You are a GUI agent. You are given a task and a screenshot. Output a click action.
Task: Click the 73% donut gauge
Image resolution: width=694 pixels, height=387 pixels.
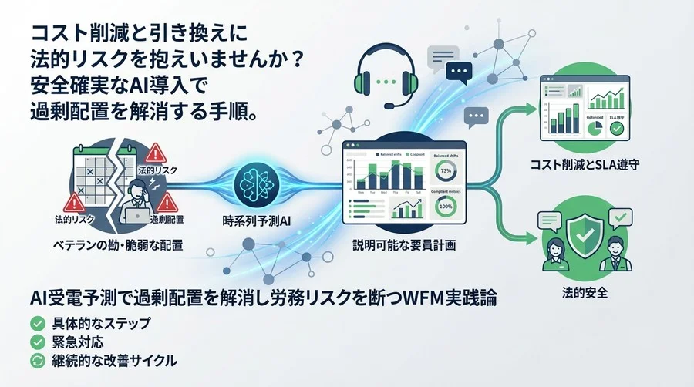tap(445, 170)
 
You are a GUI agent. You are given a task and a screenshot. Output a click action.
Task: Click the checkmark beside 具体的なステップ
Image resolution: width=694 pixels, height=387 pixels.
tap(35, 323)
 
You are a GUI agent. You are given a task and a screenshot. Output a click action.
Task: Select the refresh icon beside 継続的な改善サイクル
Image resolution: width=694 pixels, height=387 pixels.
tap(35, 360)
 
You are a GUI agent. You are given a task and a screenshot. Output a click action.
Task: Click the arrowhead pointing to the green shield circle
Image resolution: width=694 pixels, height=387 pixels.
tap(531, 231)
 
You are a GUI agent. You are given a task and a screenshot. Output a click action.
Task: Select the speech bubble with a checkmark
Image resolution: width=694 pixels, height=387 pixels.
tap(619, 217)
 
